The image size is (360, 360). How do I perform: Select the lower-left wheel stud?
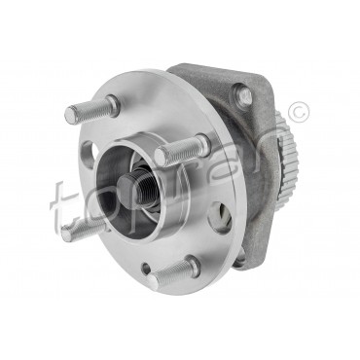78,230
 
